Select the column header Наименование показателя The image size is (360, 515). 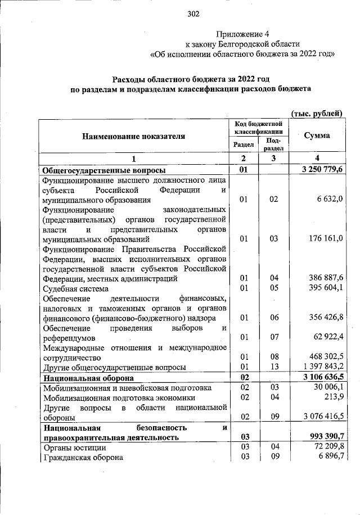tap(133, 136)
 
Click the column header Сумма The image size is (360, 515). tap(317, 136)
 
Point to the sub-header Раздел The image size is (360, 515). tap(244, 144)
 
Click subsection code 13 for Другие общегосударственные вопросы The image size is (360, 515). tap(273, 367)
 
